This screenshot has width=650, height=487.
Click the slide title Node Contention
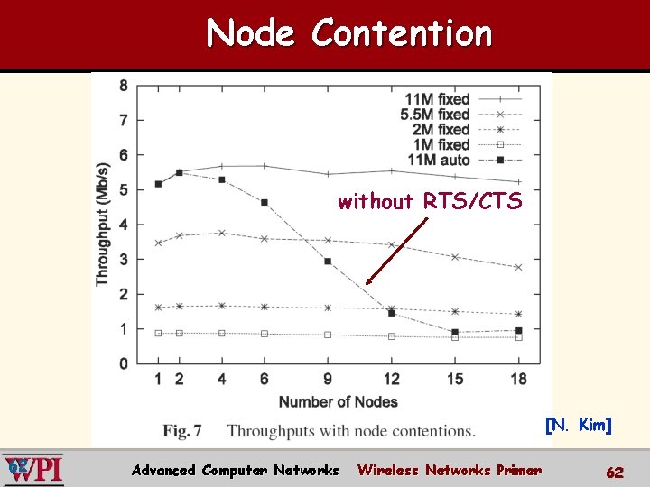pyautogui.click(x=348, y=34)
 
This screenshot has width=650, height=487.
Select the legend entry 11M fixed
pyautogui.click(x=438, y=99)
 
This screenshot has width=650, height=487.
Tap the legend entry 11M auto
pyautogui.click(x=439, y=160)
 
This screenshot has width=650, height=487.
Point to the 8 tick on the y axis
pyautogui.click(x=123, y=86)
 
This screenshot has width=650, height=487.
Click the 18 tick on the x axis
pyautogui.click(x=517, y=379)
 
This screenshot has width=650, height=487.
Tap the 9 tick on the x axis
pyautogui.click(x=328, y=379)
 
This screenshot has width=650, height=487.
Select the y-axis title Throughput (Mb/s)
pyautogui.click(x=103, y=224)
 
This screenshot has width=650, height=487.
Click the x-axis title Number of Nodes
pyautogui.click(x=338, y=401)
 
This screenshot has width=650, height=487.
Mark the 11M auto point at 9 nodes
pyautogui.click(x=328, y=262)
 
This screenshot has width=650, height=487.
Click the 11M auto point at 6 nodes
pyautogui.click(x=265, y=203)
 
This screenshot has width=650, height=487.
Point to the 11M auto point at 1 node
pyautogui.click(x=158, y=184)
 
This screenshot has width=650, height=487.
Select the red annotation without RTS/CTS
pyautogui.click(x=430, y=202)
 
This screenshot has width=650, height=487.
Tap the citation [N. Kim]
pyautogui.click(x=578, y=425)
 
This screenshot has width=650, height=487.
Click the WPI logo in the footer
pyautogui.click(x=33, y=469)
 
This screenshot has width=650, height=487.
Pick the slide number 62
pyautogui.click(x=615, y=472)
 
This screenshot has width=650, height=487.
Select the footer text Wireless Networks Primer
pyautogui.click(x=449, y=470)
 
